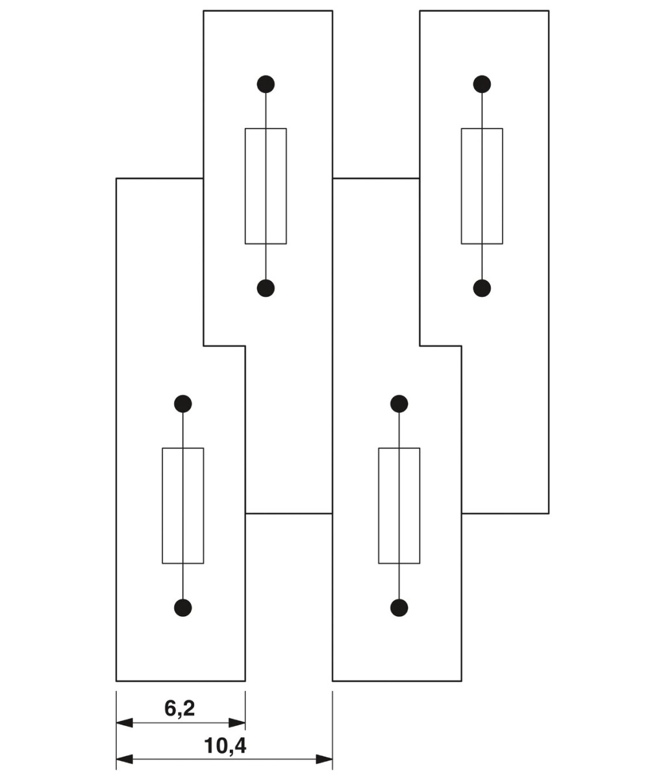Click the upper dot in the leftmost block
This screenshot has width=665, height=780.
coord(183,404)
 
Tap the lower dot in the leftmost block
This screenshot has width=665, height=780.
coord(183,608)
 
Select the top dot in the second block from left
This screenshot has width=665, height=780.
coord(266,84)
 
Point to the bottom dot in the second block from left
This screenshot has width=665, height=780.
coord(266,288)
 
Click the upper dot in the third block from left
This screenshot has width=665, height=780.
coord(399,404)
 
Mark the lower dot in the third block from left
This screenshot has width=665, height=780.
coord(399,608)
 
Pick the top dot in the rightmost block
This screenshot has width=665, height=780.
coord(482,84)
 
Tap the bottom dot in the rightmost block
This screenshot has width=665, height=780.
coord(482,288)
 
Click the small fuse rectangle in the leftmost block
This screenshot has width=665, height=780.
coord(183,506)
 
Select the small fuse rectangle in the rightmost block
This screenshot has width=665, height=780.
coord(482,186)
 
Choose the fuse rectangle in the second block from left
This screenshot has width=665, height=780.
coord(266,186)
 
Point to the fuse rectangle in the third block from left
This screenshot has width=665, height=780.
coord(399,506)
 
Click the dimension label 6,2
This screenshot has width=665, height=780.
coord(180,708)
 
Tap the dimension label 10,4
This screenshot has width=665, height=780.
coord(225,746)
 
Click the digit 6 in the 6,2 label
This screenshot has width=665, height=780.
coord(170,708)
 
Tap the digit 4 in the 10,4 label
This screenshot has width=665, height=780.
coord(239,746)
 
